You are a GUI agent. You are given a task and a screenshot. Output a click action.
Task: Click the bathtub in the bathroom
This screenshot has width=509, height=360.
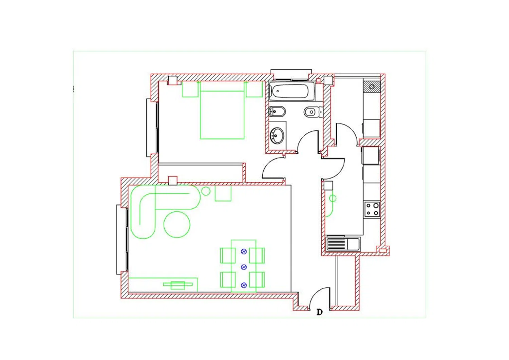pyautogui.click(x=292, y=91)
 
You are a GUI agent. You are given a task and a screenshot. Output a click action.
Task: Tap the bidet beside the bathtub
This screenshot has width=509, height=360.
pyautogui.click(x=277, y=112)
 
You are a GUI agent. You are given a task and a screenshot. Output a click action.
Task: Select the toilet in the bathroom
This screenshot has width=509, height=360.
pyautogui.click(x=313, y=112)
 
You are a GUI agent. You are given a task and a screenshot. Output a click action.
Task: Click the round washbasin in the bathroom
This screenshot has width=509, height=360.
pyautogui.click(x=277, y=136)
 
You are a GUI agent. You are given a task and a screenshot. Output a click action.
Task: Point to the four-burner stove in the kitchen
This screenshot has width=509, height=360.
pyautogui.click(x=372, y=209)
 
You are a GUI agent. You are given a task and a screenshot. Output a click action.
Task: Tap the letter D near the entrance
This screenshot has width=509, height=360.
pyautogui.click(x=320, y=312)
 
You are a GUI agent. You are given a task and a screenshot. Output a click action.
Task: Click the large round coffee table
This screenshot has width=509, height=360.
pyautogui.click(x=177, y=225)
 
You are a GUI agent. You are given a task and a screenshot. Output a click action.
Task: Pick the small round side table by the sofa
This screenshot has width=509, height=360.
pyautogui.click(x=206, y=191)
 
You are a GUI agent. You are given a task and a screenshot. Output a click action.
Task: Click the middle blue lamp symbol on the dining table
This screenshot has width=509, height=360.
pyautogui.click(x=244, y=267)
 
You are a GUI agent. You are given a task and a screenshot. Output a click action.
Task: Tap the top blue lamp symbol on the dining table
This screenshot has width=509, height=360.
pyautogui.click(x=244, y=251)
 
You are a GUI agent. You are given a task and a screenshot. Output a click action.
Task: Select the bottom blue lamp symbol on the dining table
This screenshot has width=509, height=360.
pyautogui.click(x=244, y=285)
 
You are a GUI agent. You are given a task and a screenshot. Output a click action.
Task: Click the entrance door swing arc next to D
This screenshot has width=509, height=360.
pyautogui.click(x=316, y=293)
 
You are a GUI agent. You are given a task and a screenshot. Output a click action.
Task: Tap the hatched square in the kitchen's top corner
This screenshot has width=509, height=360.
pyautogui.click(x=372, y=87)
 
